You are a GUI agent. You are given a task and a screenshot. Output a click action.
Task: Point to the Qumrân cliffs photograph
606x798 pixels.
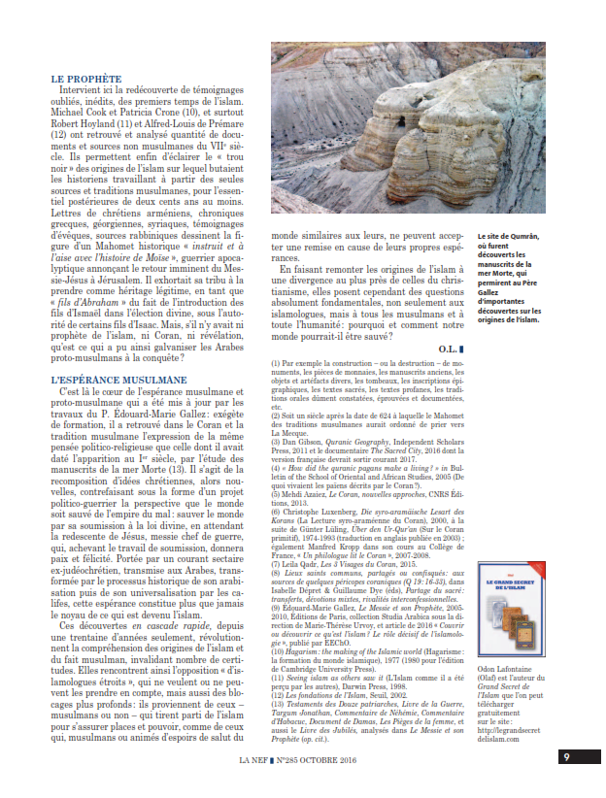[x=408, y=128]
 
